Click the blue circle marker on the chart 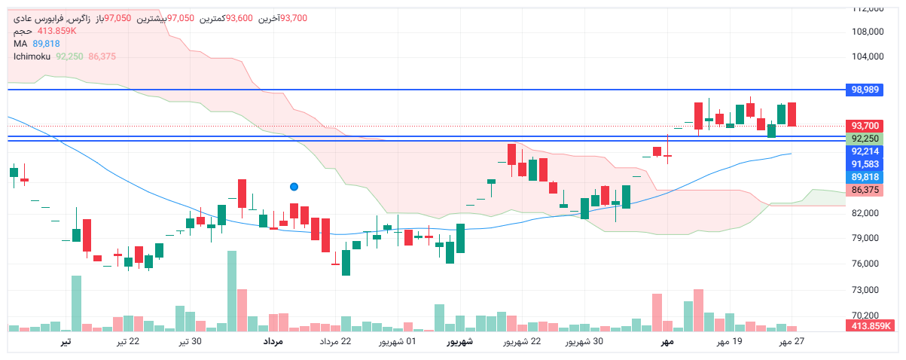294,186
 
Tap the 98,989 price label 865,90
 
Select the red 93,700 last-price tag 865,126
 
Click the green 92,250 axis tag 865,139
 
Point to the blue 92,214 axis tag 865,151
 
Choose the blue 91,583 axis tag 865,164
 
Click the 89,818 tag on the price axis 865,177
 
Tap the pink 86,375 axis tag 865,190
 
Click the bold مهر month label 666,342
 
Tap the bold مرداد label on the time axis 273,342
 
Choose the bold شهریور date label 459,342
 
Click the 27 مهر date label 792,342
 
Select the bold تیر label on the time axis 66,342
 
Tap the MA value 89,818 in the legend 46,44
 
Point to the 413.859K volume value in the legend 57,31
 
